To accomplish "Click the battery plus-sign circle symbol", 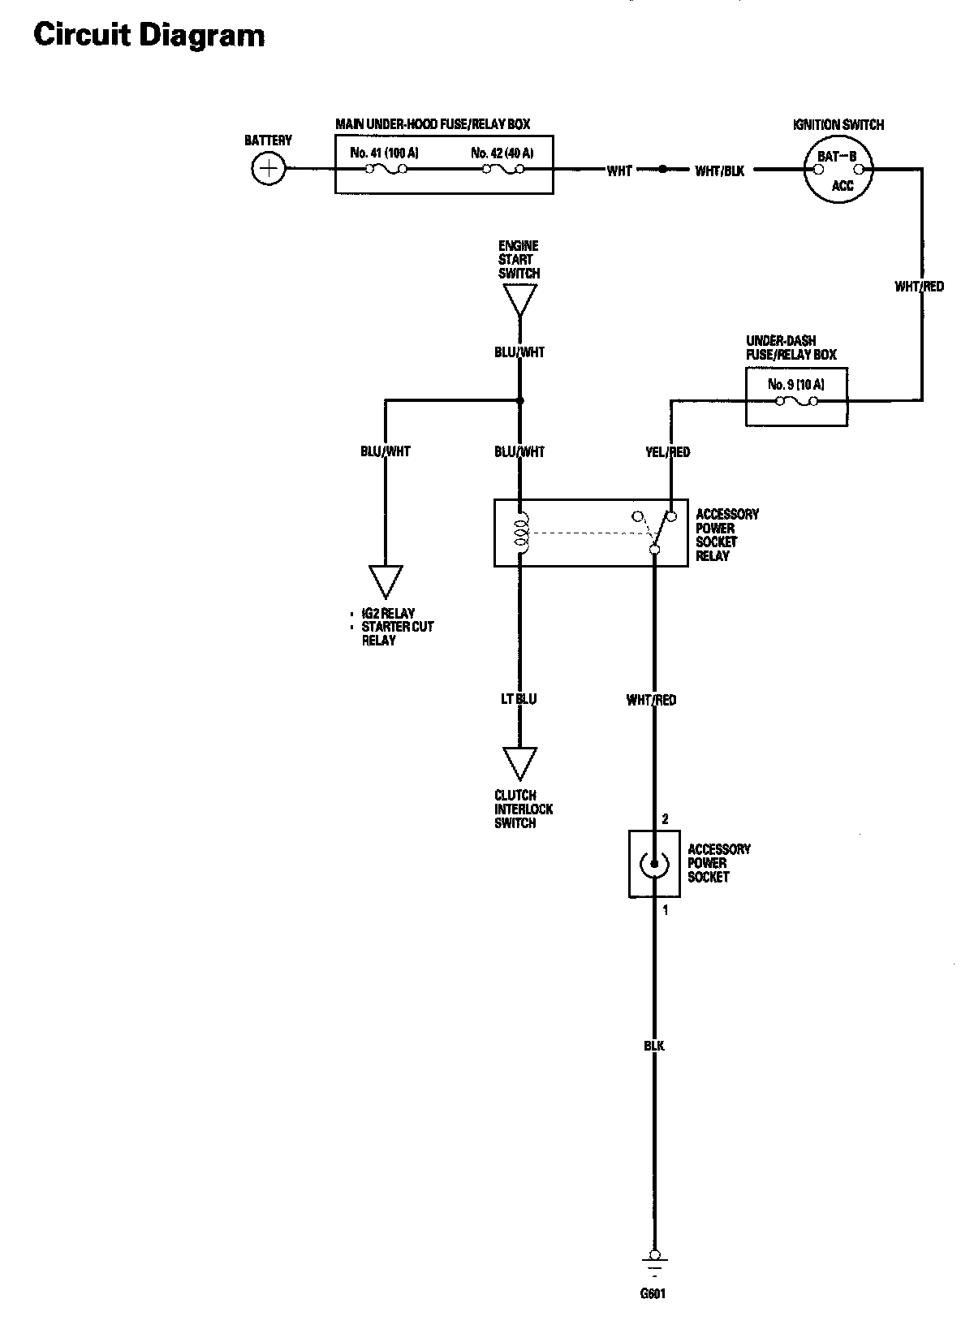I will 269,169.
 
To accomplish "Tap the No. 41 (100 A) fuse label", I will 384,153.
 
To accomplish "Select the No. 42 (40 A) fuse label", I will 502,153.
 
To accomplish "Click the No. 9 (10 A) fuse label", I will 795,384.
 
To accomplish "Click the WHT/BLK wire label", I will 719,170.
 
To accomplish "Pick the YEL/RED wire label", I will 667,451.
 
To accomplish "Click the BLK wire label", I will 654,1046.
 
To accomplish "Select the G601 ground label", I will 653,1294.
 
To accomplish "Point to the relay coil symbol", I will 521,532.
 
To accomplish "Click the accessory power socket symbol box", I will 654,864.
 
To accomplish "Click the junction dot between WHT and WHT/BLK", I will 662,170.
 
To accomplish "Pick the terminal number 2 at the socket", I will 666,819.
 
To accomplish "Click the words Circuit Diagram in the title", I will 149,35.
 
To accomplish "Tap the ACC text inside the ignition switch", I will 843,187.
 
